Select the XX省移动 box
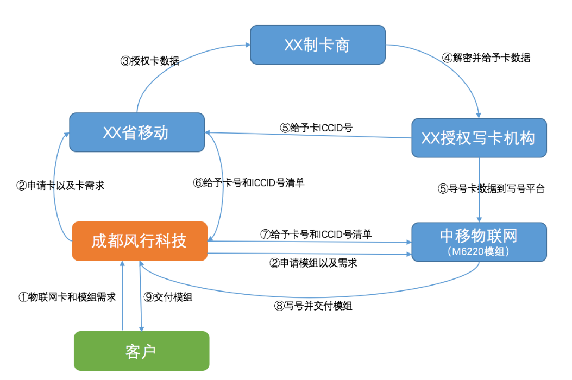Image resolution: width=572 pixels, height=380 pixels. click(136, 132)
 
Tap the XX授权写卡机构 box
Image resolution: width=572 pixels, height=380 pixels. click(478, 138)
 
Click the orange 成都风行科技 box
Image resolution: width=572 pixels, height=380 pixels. click(140, 241)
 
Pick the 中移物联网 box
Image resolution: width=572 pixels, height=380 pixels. click(478, 242)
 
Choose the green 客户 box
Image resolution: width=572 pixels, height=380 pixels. click(141, 351)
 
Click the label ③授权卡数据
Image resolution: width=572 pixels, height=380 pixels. click(150, 61)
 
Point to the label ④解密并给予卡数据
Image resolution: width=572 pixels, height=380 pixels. click(486, 58)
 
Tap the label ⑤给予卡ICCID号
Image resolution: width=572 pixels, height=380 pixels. click(317, 128)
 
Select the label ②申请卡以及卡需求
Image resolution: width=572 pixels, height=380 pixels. click(60, 185)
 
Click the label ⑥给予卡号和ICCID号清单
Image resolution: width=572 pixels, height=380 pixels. click(249, 183)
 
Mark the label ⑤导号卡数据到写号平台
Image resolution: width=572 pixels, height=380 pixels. click(491, 189)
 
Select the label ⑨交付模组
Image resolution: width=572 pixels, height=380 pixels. click(168, 297)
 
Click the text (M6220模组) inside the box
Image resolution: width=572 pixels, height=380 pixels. click(478, 251)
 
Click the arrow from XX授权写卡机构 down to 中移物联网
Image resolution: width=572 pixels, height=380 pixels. click(479, 190)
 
